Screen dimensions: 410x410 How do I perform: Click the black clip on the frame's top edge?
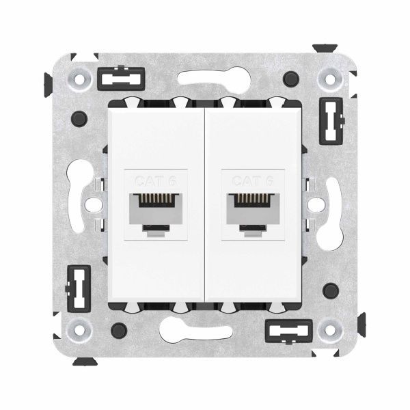click(116, 79)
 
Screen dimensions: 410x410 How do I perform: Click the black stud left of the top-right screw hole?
click(292, 78)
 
